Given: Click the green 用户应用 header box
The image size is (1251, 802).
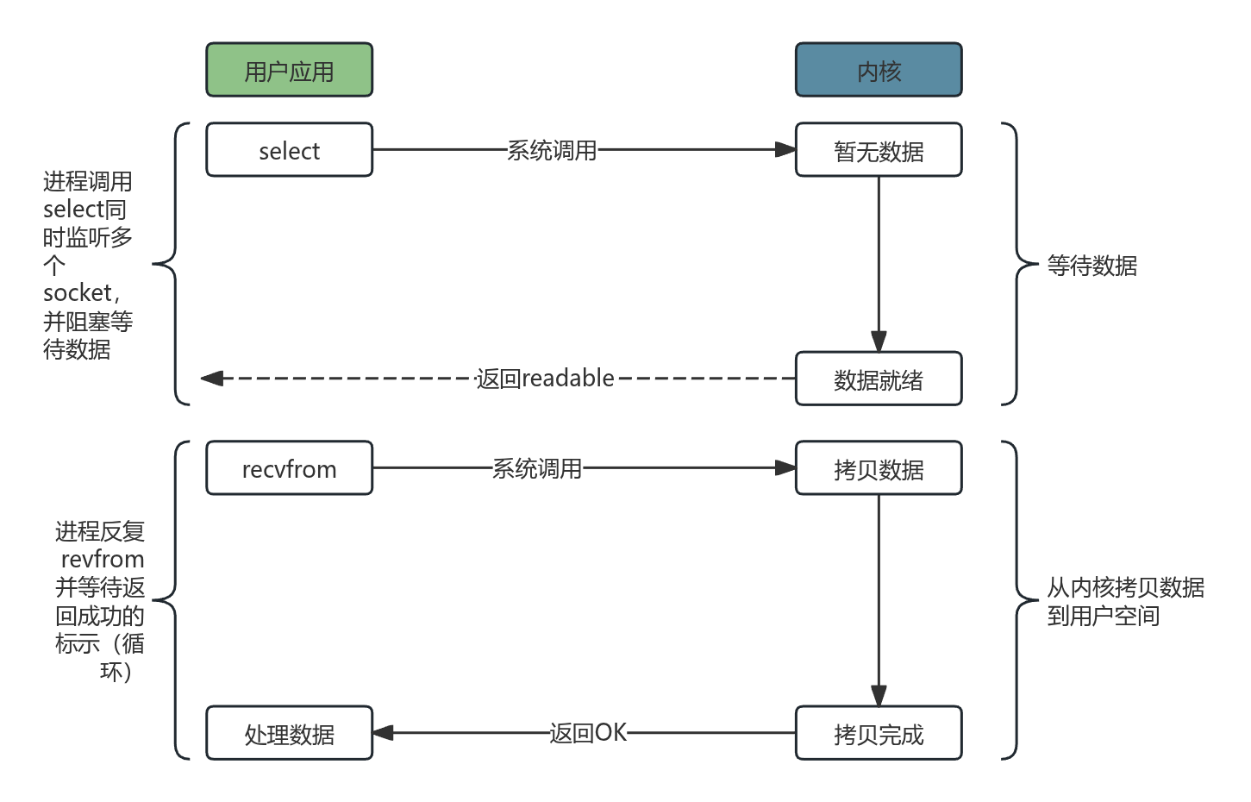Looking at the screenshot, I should pyautogui.click(x=289, y=70).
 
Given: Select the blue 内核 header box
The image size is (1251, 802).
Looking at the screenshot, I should pyautogui.click(x=878, y=70).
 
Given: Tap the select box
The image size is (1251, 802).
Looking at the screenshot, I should pyautogui.click(x=289, y=150).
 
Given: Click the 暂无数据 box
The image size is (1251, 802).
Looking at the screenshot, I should pyautogui.click(x=878, y=150).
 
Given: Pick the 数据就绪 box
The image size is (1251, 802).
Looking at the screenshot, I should pyautogui.click(x=878, y=379).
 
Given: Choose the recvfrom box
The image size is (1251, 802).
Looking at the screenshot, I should pyautogui.click(x=289, y=468).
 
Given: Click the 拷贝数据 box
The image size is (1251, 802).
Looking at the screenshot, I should pyautogui.click(x=878, y=468).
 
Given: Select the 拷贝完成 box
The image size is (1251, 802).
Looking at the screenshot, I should pyautogui.click(x=878, y=733).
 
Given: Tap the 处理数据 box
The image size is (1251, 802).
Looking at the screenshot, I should pyautogui.click(x=289, y=733).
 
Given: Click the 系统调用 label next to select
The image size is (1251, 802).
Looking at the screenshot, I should pyautogui.click(x=552, y=150).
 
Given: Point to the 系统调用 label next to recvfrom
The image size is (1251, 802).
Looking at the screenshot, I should pyautogui.click(x=537, y=468).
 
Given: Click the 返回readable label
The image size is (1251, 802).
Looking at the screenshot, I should pyautogui.click(x=545, y=378).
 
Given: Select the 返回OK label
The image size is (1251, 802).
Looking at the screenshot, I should pyautogui.click(x=588, y=732).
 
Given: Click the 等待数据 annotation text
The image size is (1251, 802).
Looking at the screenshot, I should pyautogui.click(x=1091, y=265).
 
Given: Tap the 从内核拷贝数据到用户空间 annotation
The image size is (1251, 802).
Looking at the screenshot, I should pyautogui.click(x=1124, y=601).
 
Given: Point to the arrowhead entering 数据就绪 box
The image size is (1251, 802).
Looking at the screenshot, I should pyautogui.click(x=878, y=341).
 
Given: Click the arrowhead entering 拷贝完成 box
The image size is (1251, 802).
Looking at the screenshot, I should pyautogui.click(x=878, y=696).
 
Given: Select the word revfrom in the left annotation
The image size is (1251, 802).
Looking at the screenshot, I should pyautogui.click(x=103, y=559).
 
